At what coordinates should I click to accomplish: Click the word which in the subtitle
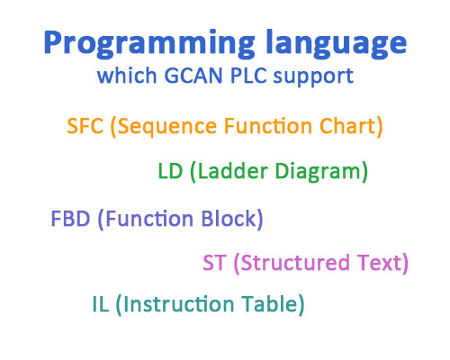(x=122, y=76)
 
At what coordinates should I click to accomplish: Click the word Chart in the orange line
(x=352, y=126)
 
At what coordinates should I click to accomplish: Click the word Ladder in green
(x=226, y=170)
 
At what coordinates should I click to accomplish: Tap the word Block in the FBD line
(x=230, y=219)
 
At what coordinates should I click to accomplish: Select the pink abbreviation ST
(x=214, y=263)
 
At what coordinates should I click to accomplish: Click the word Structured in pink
(x=293, y=263)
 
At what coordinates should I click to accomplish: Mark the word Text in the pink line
(x=382, y=263)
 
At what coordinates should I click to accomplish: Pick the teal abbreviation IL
(x=99, y=304)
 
